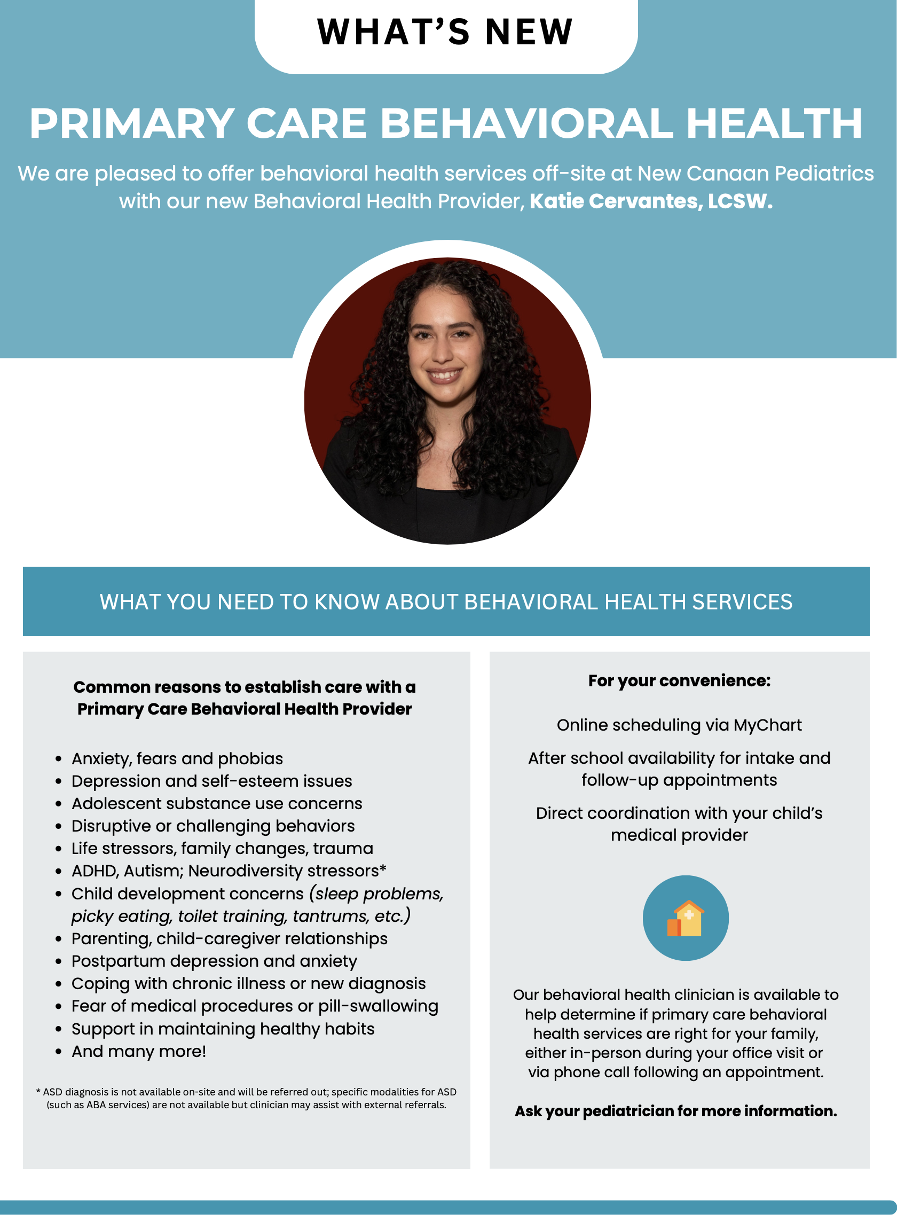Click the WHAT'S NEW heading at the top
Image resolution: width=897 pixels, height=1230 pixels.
tap(445, 32)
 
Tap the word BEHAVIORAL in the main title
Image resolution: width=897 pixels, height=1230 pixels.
tap(526, 124)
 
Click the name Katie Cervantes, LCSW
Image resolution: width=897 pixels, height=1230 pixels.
tap(650, 201)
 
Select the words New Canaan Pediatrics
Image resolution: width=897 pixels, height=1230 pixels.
tap(756, 174)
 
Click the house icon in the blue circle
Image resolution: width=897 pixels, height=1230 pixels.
tap(685, 918)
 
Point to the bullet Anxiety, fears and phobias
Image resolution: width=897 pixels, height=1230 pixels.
tap(177, 758)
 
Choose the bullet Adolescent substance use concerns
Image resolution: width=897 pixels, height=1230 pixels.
tap(217, 804)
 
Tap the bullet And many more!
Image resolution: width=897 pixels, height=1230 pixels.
tap(139, 1051)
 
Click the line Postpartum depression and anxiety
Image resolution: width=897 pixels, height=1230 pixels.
tap(214, 961)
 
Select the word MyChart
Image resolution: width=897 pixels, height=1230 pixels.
tap(767, 725)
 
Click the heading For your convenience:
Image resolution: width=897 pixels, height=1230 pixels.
tap(679, 681)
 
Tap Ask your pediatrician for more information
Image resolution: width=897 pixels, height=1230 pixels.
tap(675, 1111)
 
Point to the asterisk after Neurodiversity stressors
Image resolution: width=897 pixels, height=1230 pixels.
tap(383, 869)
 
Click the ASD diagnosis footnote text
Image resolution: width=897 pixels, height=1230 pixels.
tap(247, 1098)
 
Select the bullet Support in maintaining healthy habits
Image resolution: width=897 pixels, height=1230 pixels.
tap(223, 1029)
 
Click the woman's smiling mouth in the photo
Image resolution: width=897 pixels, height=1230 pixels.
tap(444, 375)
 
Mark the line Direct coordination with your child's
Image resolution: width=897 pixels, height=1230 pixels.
tap(679, 813)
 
